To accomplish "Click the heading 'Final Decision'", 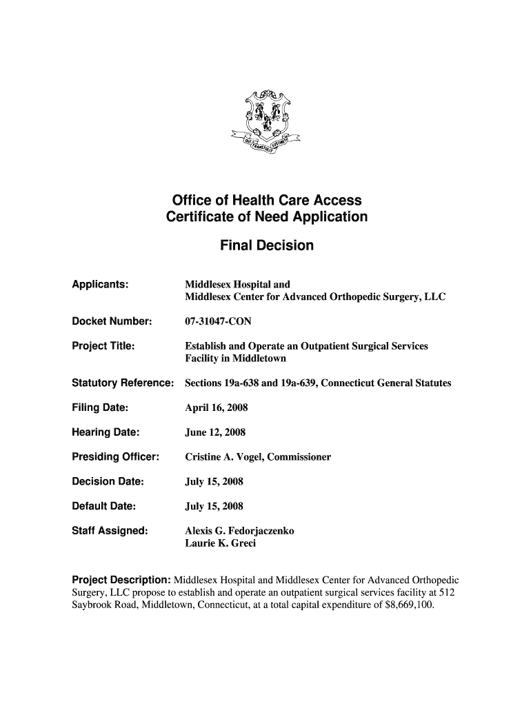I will pos(266,245).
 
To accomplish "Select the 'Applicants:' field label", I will pos(101,285).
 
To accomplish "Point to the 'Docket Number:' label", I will pos(112,322).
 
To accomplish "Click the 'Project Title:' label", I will pos(103,345).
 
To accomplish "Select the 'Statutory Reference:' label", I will pos(122,383).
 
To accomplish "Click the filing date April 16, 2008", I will pos(216,407).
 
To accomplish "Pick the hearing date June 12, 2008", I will pos(215,432).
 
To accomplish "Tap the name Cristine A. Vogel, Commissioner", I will pos(258,457).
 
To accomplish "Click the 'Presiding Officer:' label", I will pos(116,457).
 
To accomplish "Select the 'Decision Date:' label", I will pos(108,481).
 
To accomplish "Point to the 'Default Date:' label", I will pos(103,506).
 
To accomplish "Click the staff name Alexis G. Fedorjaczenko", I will pos(239,531).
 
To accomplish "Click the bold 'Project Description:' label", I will pos(121,580).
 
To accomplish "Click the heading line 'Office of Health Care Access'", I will pos(266,201).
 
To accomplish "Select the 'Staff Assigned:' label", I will pos(110,531).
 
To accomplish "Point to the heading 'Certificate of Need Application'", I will pos(266,217).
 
